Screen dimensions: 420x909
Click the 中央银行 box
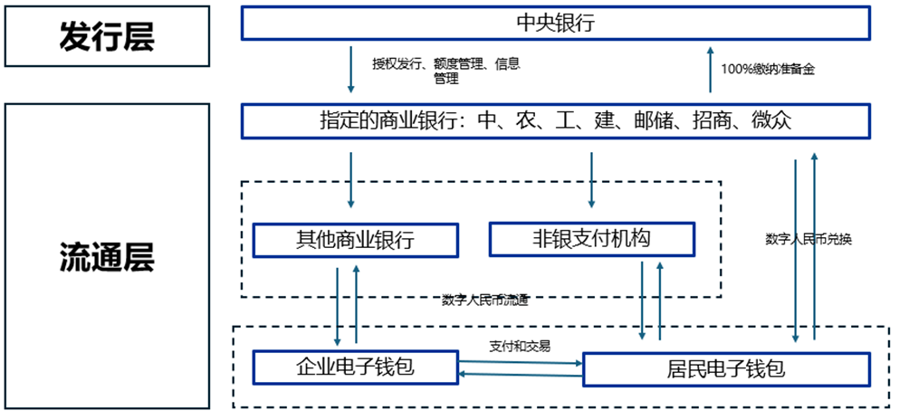(x=555, y=24)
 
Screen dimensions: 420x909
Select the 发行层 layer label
(x=107, y=37)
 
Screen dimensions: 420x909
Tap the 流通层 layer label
(x=107, y=257)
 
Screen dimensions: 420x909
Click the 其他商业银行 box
(x=354, y=240)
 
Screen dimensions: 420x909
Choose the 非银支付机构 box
(x=591, y=238)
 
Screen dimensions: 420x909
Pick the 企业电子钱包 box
(x=354, y=367)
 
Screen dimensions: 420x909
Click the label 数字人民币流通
(x=485, y=300)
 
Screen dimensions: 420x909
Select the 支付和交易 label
(x=520, y=346)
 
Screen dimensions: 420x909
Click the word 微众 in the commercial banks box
(x=771, y=120)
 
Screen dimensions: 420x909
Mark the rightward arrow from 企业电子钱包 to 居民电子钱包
(x=520, y=362)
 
